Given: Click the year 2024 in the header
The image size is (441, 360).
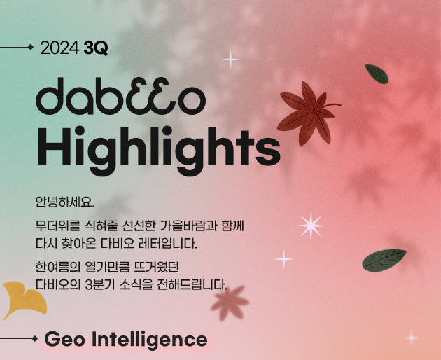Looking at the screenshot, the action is (x=59, y=48).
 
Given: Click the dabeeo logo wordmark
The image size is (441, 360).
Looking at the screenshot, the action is (x=120, y=96).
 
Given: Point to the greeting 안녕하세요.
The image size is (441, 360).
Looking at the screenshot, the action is (x=65, y=202).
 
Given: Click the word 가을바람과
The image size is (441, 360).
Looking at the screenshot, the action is (x=188, y=226).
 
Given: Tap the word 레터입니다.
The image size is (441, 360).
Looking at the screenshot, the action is (x=168, y=244).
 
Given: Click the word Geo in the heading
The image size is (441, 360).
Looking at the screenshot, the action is (x=64, y=339).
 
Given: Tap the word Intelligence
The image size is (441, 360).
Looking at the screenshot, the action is (x=149, y=340).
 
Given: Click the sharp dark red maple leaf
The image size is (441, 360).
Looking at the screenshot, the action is (x=309, y=113).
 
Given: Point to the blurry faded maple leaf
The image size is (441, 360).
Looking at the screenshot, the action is (x=230, y=303).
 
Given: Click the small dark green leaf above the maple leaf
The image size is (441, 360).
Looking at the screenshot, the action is (x=377, y=74).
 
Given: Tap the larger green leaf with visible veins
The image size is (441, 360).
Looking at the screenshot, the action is (x=384, y=261).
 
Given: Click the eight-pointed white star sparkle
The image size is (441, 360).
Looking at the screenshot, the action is (x=311, y=226).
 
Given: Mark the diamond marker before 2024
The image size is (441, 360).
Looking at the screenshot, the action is (x=31, y=48).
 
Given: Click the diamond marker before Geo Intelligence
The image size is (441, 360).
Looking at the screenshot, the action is (x=35, y=338).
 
